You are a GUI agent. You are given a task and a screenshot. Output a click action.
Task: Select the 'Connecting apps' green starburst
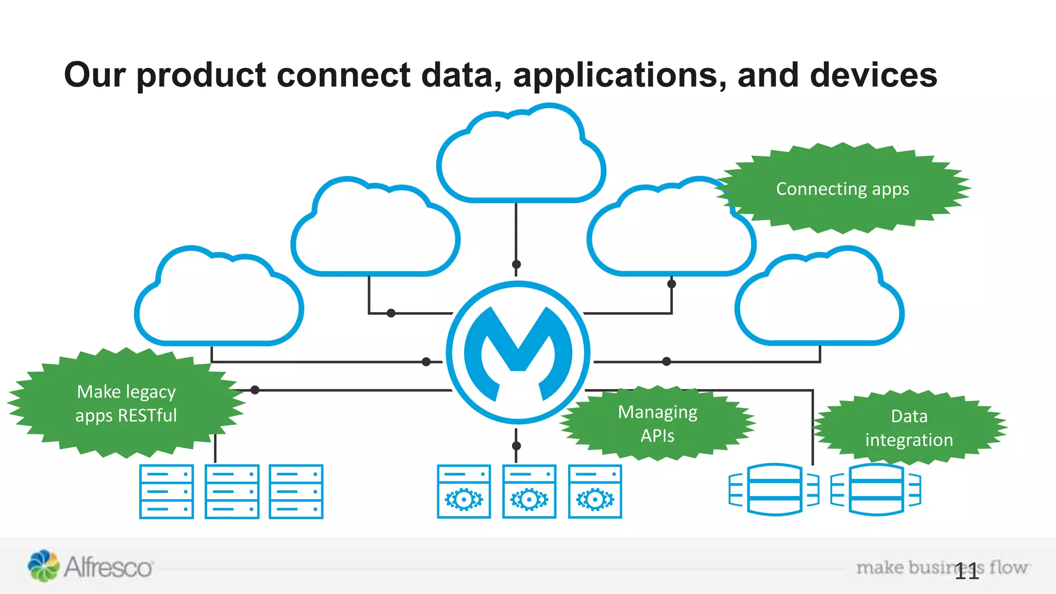[843, 189]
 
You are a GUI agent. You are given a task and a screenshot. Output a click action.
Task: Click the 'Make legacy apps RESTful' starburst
[126, 403]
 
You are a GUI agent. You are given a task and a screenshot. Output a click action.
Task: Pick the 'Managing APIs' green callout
[657, 423]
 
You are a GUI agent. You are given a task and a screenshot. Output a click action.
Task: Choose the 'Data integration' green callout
[909, 427]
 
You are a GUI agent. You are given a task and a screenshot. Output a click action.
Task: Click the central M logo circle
[518, 353]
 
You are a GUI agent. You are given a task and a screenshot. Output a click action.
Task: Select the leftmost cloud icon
[219, 299]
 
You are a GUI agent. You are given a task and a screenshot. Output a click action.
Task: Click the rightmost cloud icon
[819, 299]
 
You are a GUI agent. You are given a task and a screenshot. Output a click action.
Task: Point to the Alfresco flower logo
[43, 566]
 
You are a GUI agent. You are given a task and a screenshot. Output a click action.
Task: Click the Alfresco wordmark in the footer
[108, 568]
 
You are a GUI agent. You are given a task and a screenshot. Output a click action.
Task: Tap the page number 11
[966, 571]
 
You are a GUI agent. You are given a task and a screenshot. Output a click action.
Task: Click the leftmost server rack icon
[167, 491]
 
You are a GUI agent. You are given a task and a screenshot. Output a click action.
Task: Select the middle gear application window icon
[529, 491]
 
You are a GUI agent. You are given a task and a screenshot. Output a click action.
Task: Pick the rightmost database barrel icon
[876, 489]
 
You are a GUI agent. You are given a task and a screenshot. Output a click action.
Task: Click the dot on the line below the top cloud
[516, 265]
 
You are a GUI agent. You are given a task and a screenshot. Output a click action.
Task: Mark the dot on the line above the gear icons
[516, 445]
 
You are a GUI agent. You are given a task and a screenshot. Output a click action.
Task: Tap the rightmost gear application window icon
[595, 491]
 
